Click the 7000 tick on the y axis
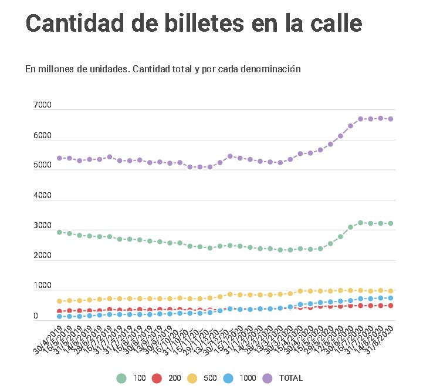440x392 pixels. point(43,105)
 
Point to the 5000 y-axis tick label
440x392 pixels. point(43,166)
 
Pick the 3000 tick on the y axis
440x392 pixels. point(43,226)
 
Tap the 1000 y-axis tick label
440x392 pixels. point(43,286)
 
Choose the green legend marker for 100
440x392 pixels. point(121,378)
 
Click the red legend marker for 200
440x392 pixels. point(157,378)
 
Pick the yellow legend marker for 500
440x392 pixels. point(192,378)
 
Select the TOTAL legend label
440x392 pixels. point(290,378)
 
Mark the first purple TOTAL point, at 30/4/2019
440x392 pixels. point(59,158)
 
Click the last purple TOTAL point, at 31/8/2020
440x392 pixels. point(391,119)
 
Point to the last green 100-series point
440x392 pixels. point(391,223)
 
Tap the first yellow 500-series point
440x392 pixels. point(59,301)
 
